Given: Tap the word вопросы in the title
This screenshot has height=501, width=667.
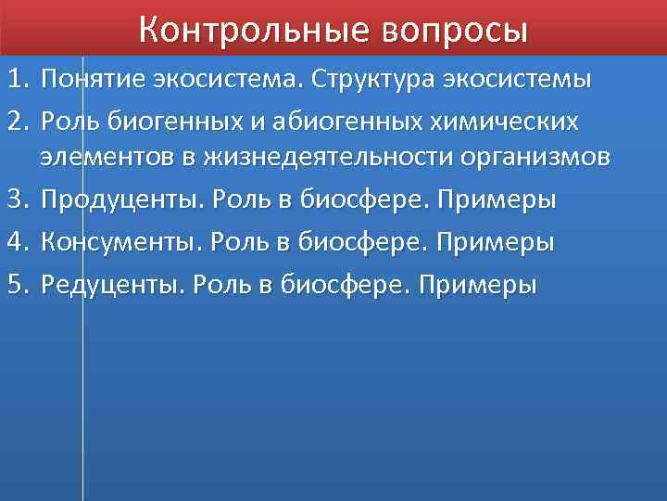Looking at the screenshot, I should coord(454,31).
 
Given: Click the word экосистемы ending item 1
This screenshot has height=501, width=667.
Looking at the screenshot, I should coord(526,79).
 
